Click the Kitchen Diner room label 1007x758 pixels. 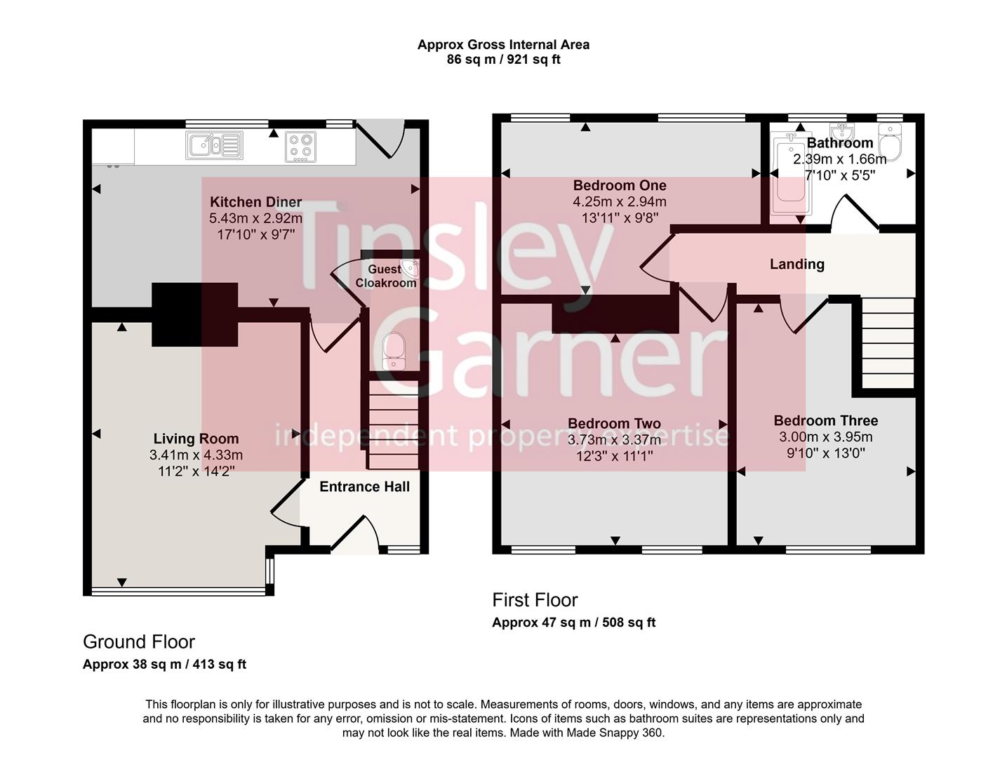(255, 202)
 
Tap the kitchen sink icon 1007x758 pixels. (214, 145)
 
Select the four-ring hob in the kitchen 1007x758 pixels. (300, 147)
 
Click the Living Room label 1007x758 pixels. (196, 439)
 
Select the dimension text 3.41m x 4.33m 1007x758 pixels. (196, 455)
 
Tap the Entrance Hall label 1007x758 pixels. (364, 486)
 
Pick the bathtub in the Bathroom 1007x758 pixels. (790, 175)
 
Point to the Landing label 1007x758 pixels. (796, 264)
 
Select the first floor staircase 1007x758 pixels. (887, 343)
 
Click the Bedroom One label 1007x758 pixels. (620, 185)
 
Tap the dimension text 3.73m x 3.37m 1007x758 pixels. (614, 439)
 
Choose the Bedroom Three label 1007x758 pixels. (825, 420)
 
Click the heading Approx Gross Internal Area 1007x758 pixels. (503, 44)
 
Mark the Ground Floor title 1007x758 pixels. (139, 641)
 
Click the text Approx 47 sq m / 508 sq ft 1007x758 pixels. (573, 622)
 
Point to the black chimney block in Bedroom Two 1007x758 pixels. (615, 314)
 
